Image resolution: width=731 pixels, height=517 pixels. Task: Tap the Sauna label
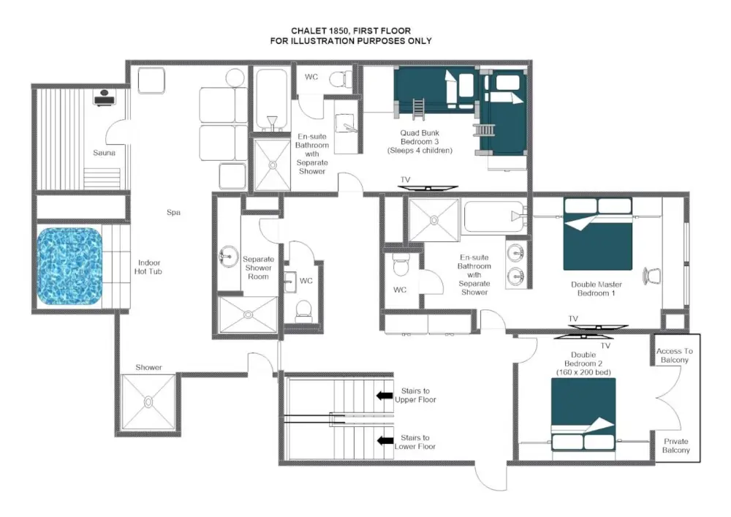point(104,153)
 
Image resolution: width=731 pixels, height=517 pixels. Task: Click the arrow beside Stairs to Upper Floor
point(384,396)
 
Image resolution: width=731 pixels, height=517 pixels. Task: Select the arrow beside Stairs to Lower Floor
point(384,441)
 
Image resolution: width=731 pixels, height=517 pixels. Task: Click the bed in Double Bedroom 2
point(583,415)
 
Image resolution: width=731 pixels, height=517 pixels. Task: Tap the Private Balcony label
point(675,446)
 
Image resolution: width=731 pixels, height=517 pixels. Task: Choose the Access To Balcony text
point(675,355)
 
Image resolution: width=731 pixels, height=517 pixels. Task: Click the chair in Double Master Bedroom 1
point(651,276)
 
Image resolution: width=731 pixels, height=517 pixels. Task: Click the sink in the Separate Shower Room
point(227,256)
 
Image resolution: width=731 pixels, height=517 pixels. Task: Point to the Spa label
point(173,213)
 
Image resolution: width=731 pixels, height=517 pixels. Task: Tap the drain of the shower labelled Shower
point(148,401)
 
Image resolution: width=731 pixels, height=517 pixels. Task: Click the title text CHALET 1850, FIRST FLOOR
point(350,31)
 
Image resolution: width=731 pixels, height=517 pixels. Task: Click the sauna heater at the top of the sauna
point(103,97)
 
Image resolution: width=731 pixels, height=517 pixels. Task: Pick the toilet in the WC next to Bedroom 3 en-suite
point(338,78)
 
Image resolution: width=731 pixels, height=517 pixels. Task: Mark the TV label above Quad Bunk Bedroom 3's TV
point(405,178)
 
